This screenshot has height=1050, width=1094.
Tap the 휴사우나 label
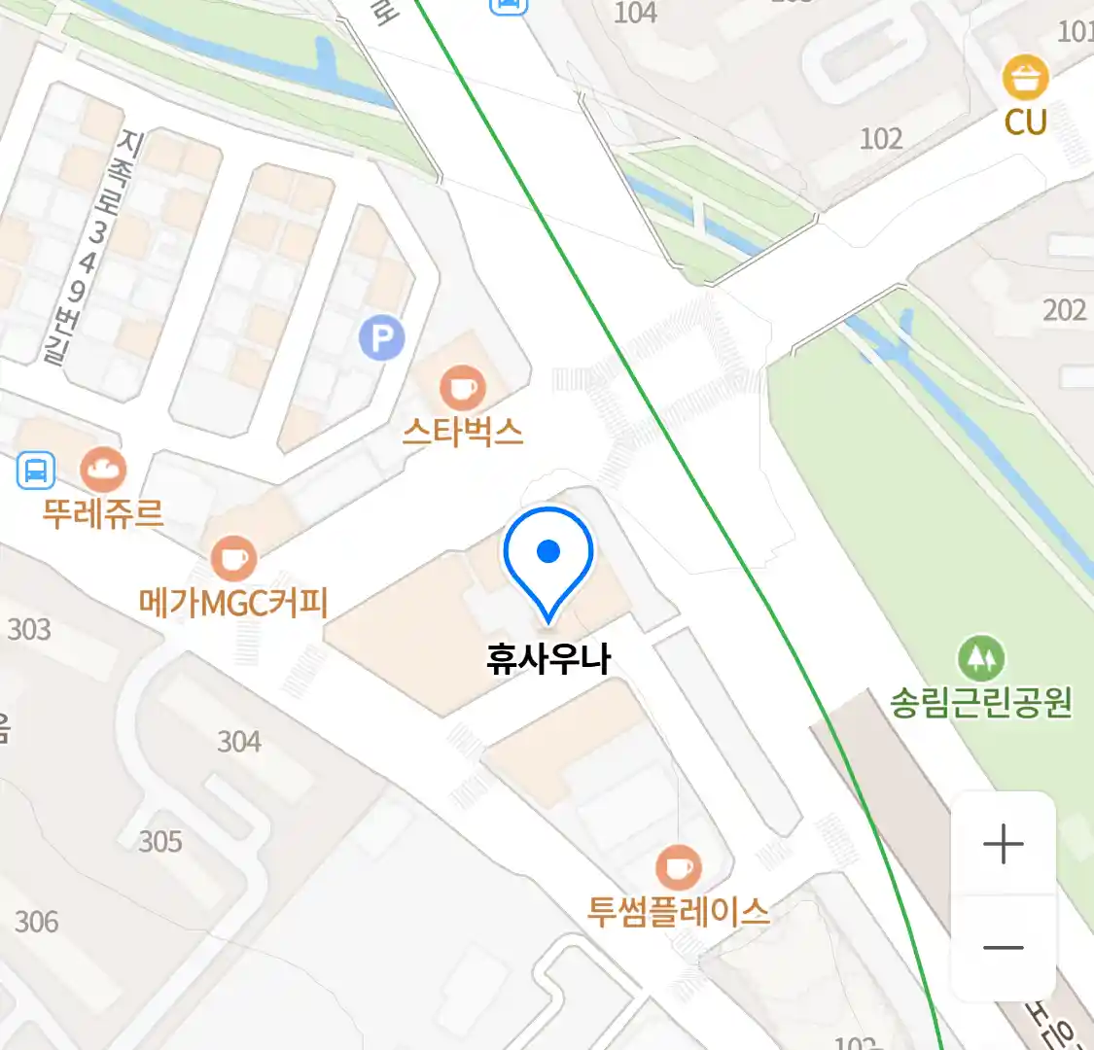pyautogui.click(x=548, y=659)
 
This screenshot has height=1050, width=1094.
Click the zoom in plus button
pyautogui.click(x=1004, y=844)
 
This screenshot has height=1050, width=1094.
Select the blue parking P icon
pyautogui.click(x=381, y=337)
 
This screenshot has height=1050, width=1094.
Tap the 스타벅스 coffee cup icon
pyautogui.click(x=462, y=388)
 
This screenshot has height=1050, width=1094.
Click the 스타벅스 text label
pyautogui.click(x=463, y=431)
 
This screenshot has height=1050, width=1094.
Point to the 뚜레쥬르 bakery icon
pyautogui.click(x=102, y=471)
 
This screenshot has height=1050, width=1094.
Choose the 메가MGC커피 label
pyautogui.click(x=233, y=603)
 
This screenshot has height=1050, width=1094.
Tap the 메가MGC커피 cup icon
pyautogui.click(x=233, y=559)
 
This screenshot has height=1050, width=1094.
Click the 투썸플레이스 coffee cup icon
pyautogui.click(x=678, y=866)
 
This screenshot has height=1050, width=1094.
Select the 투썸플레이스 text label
pyautogui.click(x=678, y=911)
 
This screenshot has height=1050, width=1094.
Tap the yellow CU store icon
pyautogui.click(x=1026, y=78)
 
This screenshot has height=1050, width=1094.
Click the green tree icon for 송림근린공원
pyautogui.click(x=981, y=659)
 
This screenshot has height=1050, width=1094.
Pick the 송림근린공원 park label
pyautogui.click(x=981, y=702)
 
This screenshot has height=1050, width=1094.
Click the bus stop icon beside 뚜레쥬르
pyautogui.click(x=36, y=472)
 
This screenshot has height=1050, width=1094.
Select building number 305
pyautogui.click(x=160, y=841)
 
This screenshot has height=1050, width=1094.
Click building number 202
pyautogui.click(x=1064, y=310)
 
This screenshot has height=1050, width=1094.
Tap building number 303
pyautogui.click(x=29, y=630)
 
